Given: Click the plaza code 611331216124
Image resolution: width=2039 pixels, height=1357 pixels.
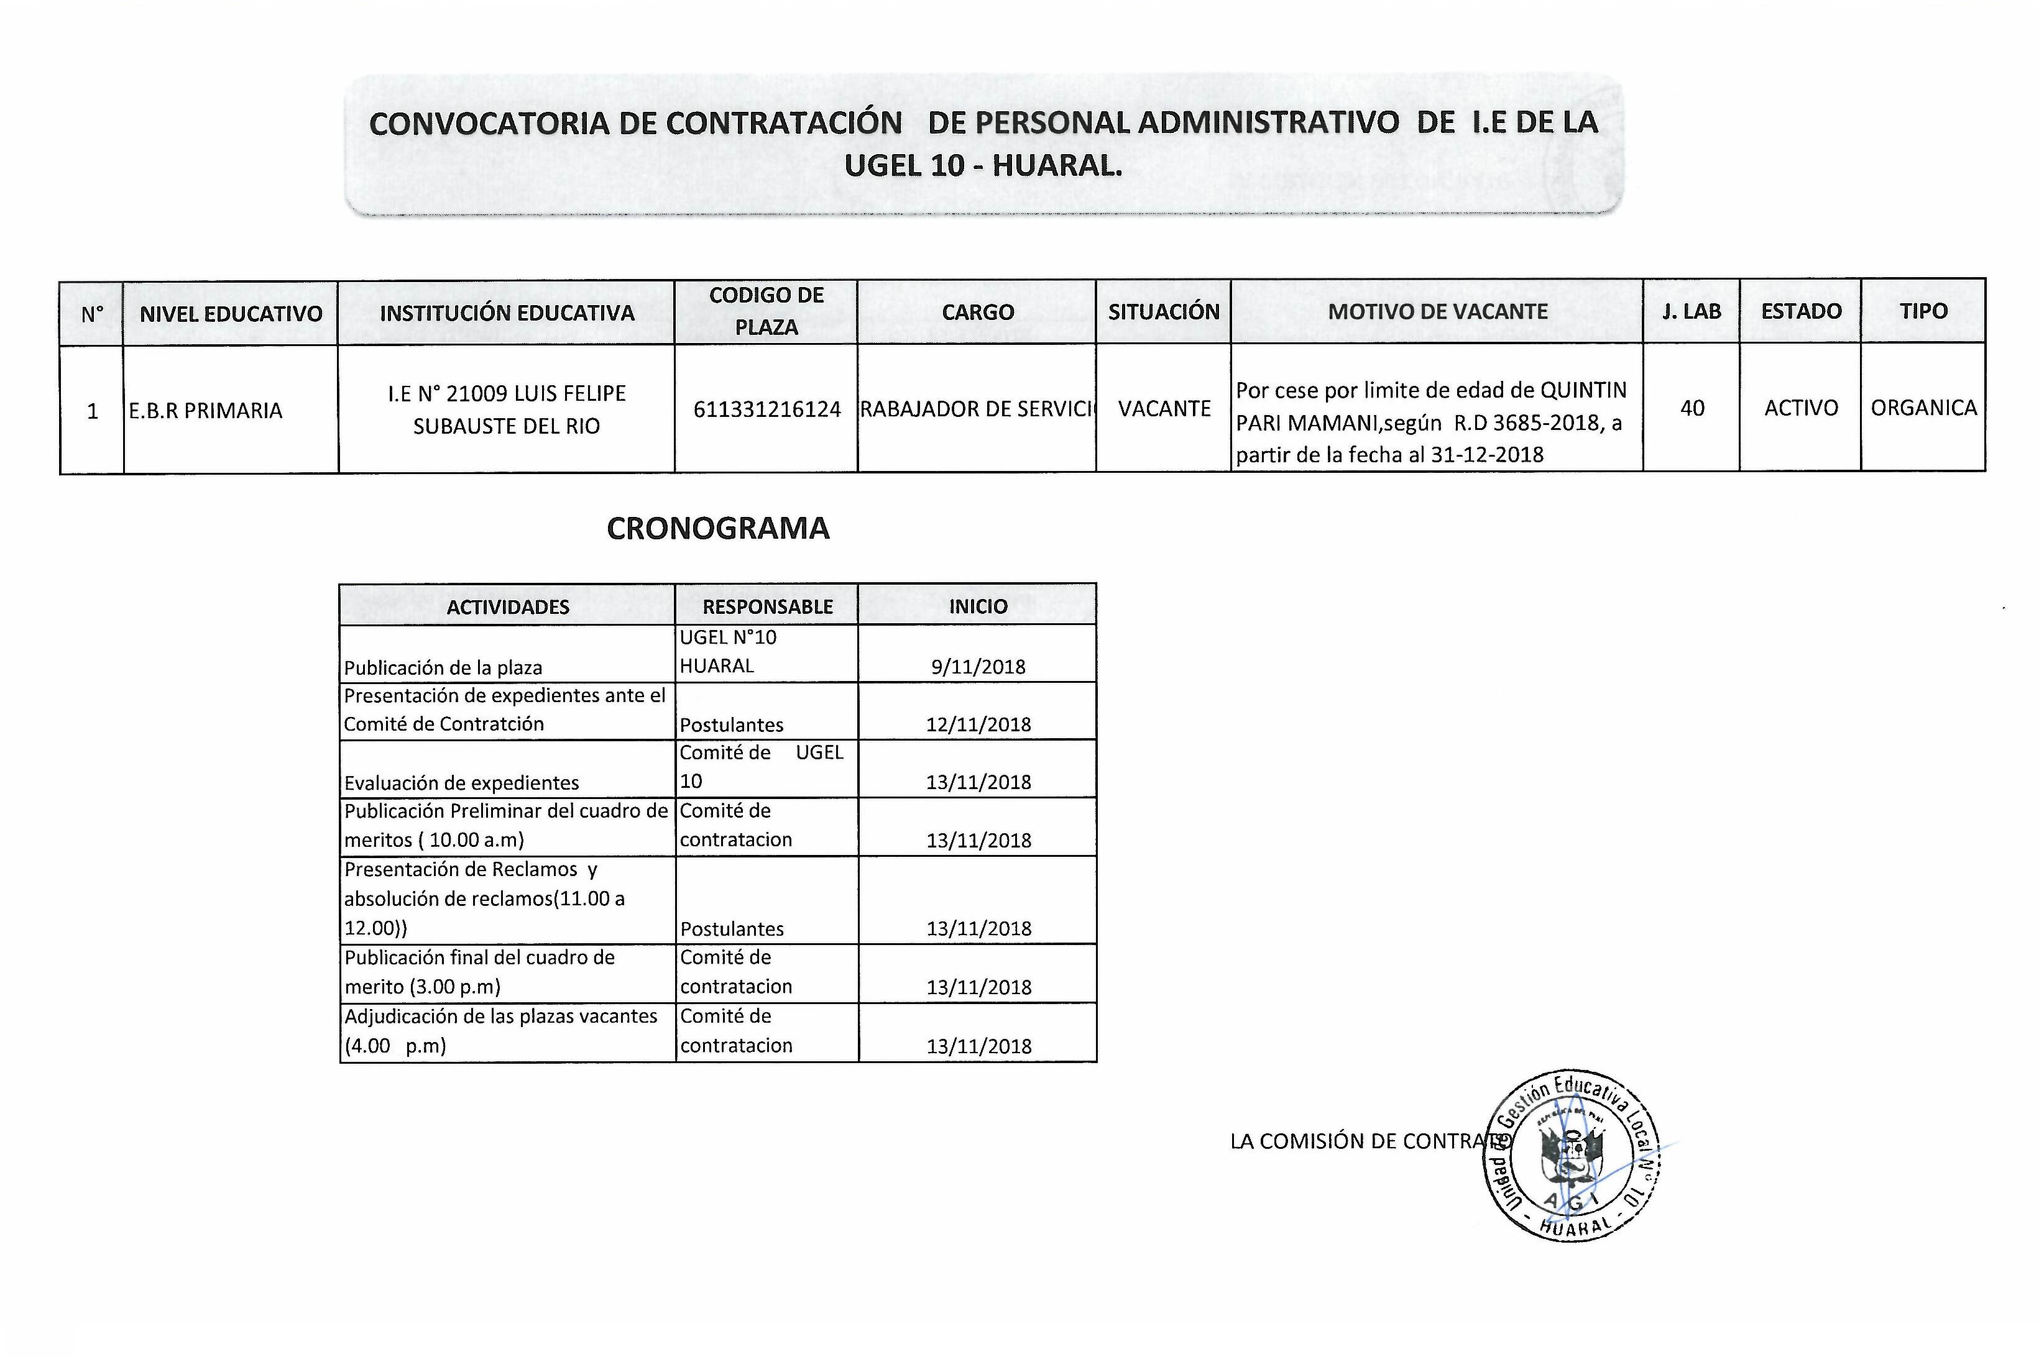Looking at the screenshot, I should (766, 409).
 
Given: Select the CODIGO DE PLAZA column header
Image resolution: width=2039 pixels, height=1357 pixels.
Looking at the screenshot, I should (766, 311).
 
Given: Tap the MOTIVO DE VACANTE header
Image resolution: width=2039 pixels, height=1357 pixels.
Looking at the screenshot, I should (1437, 311).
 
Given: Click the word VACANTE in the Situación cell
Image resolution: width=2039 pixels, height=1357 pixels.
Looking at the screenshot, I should (1164, 408).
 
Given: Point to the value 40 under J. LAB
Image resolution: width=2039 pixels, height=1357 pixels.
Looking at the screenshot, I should (1691, 408).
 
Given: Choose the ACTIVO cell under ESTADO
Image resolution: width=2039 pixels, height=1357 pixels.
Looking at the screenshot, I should (1801, 408).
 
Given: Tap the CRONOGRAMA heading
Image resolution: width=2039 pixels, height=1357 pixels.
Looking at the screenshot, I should (718, 529).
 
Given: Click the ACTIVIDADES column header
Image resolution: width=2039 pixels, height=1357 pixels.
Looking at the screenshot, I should (507, 606).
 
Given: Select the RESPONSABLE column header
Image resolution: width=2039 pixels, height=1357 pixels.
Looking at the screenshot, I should (767, 606).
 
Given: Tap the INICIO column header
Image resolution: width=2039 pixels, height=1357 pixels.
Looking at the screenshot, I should (977, 606).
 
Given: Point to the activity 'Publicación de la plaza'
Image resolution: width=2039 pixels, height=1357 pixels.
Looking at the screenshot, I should (443, 668).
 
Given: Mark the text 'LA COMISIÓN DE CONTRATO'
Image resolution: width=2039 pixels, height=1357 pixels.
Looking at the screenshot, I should (1368, 1141).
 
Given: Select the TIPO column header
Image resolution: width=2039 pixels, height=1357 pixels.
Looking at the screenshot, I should (1923, 311).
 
